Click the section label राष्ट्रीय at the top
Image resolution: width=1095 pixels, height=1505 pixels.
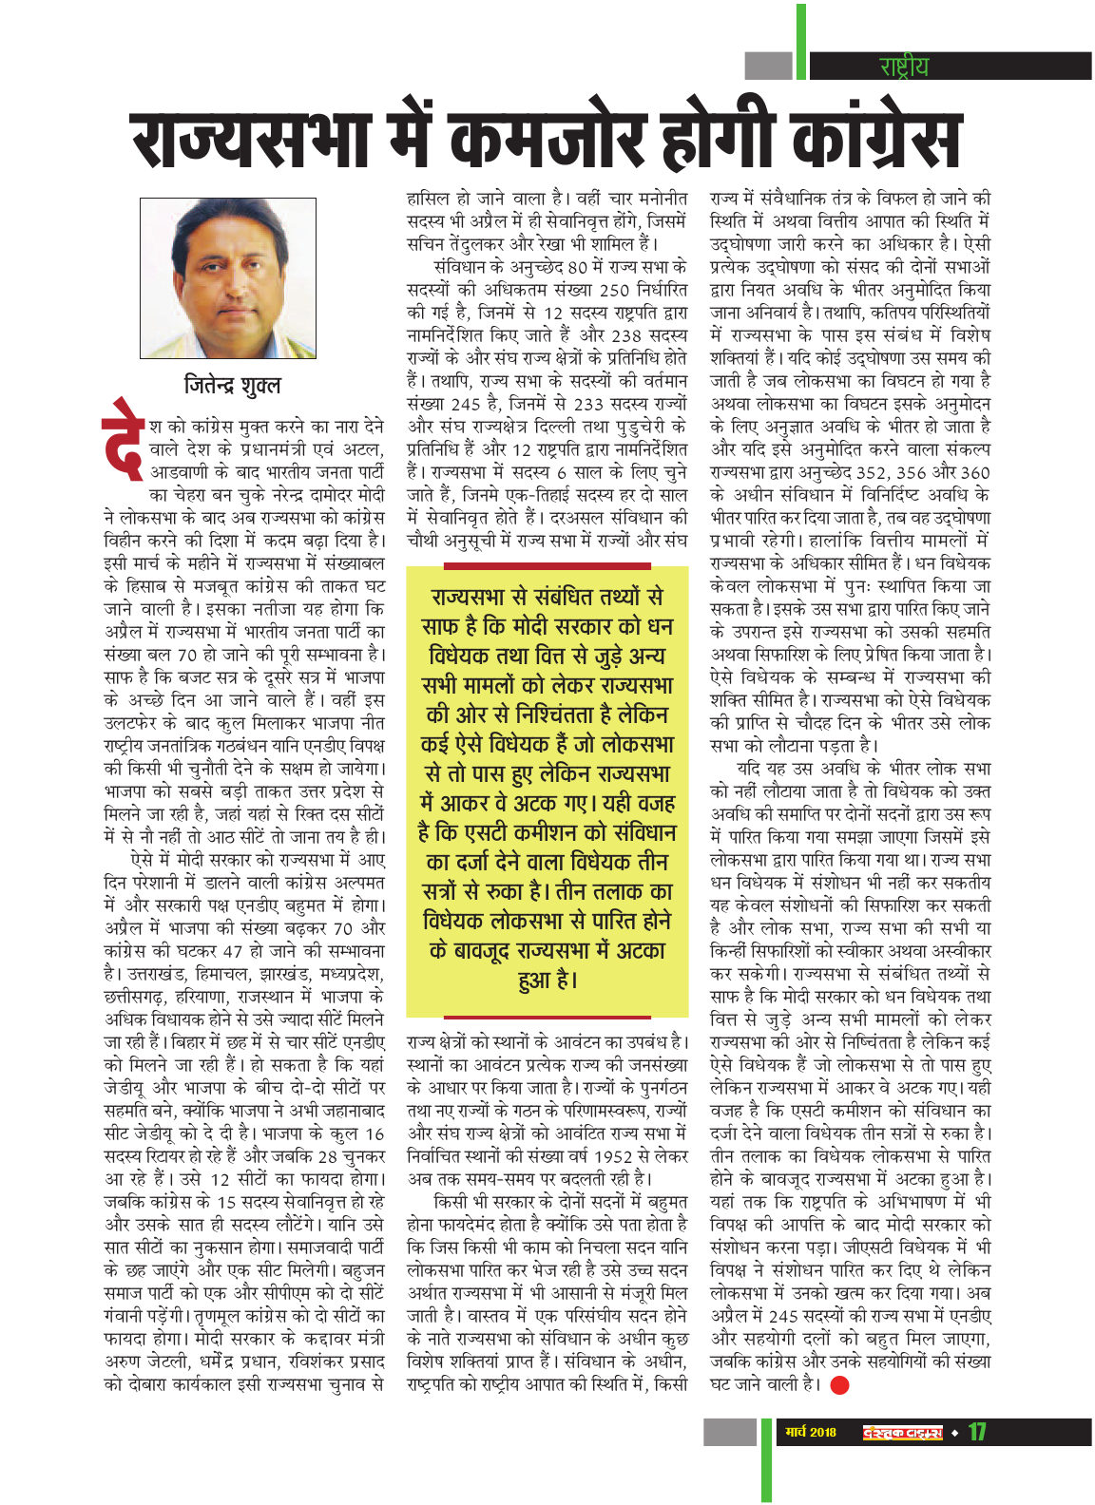904,66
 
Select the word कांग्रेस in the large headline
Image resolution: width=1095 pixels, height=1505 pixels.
874,142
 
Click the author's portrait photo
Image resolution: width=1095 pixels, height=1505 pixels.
228,277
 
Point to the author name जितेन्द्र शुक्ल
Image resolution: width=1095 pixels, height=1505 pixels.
233,385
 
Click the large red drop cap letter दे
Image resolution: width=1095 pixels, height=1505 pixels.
123,439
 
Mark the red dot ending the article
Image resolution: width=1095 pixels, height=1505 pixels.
839,1385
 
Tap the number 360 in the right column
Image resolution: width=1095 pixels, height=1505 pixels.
972,472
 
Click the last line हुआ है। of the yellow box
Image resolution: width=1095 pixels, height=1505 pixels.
547,980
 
